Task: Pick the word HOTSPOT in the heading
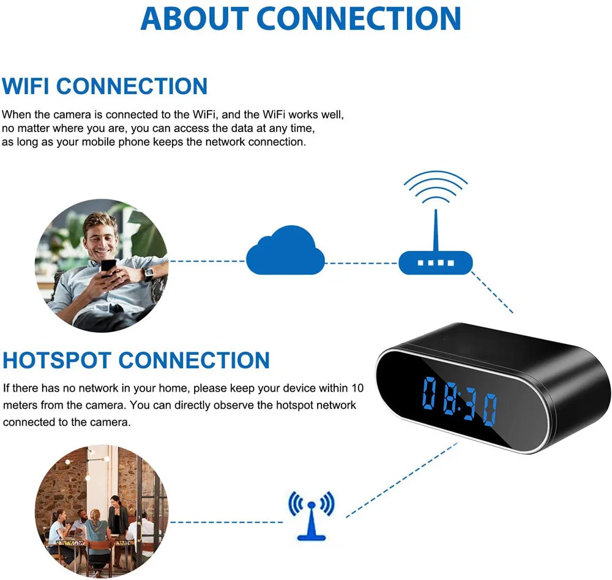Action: pyautogui.click(x=57, y=360)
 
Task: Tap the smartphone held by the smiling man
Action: pyautogui.click(x=108, y=267)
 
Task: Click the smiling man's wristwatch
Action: pyautogui.click(x=147, y=273)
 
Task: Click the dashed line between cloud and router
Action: pyautogui.click(x=361, y=263)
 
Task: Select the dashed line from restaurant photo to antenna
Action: pyautogui.click(x=226, y=522)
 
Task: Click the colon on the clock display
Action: pyautogui.click(x=460, y=404)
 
